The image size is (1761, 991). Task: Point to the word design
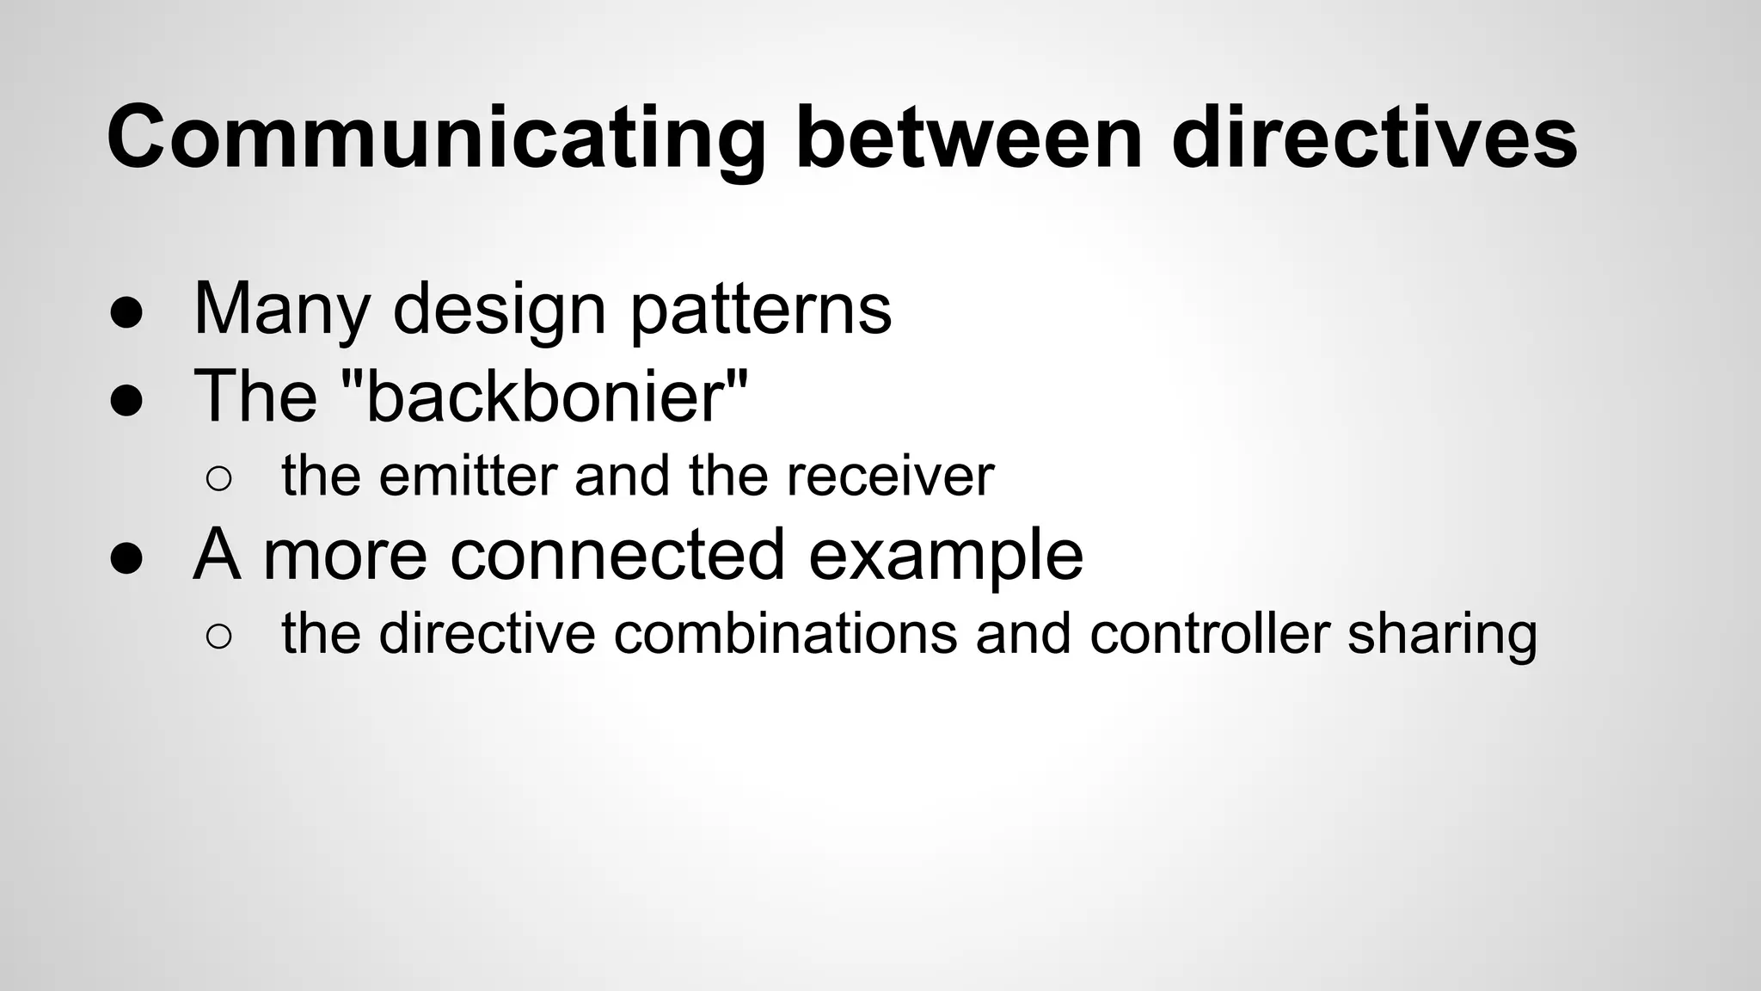pos(500,310)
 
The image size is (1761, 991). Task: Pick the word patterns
pos(761,310)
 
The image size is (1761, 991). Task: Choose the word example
pos(945,556)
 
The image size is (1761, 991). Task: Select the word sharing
pos(1442,635)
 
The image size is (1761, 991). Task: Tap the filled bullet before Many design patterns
pos(126,314)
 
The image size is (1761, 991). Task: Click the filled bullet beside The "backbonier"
pos(126,400)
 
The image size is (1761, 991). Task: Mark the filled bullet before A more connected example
pos(126,558)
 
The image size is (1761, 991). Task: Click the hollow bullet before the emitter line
pos(218,479)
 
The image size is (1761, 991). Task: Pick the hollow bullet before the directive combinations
pos(218,637)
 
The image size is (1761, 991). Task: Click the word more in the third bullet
pos(344,556)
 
